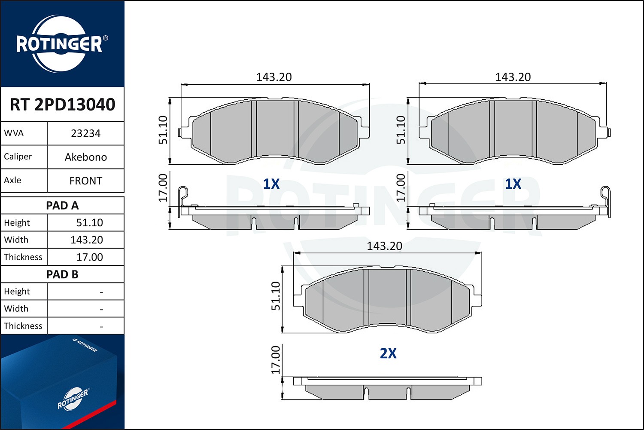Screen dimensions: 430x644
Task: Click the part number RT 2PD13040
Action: pyautogui.click(x=62, y=104)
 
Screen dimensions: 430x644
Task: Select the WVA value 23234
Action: pyautogui.click(x=85, y=133)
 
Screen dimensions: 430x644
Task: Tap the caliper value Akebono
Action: pyautogui.click(x=85, y=157)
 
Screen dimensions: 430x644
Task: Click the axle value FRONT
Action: pyautogui.click(x=85, y=181)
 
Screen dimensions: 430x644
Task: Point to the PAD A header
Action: pyautogui.click(x=62, y=206)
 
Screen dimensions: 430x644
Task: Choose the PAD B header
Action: pyautogui.click(x=62, y=274)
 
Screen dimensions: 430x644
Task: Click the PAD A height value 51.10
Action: pyautogui.click(x=89, y=223)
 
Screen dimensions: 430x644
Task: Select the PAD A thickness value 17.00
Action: pyautogui.click(x=89, y=257)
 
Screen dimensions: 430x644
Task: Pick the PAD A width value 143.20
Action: pyautogui.click(x=87, y=240)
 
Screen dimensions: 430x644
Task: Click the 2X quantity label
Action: pyautogui.click(x=388, y=353)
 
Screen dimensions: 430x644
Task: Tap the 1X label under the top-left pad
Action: pyautogui.click(x=271, y=184)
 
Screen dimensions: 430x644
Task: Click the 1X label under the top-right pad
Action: pyautogui.click(x=513, y=184)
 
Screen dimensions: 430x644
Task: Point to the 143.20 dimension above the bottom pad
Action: pyautogui.click(x=384, y=246)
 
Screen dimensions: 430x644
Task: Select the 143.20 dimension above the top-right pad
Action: pyautogui.click(x=513, y=77)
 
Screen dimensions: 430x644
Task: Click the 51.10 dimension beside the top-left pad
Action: pyautogui.click(x=163, y=130)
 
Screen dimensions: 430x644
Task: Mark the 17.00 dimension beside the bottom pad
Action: pyautogui.click(x=276, y=359)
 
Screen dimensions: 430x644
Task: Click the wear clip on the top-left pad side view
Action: pyautogui.click(x=183, y=196)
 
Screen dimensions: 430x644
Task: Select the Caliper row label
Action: pyautogui.click(x=18, y=157)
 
